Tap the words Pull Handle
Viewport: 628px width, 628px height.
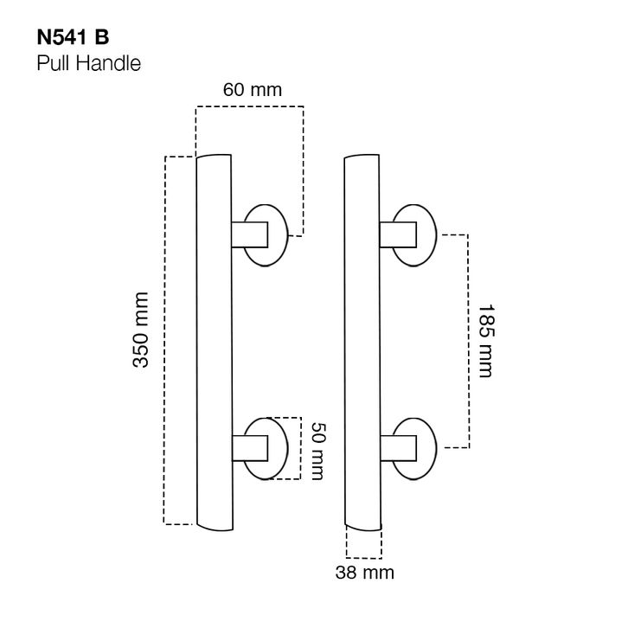point(88,63)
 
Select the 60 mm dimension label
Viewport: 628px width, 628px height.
point(253,89)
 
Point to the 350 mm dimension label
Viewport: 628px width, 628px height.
point(140,330)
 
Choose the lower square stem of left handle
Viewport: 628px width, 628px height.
point(252,448)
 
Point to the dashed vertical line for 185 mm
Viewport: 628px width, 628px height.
point(468,340)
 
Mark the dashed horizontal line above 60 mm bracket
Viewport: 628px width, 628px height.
point(249,106)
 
